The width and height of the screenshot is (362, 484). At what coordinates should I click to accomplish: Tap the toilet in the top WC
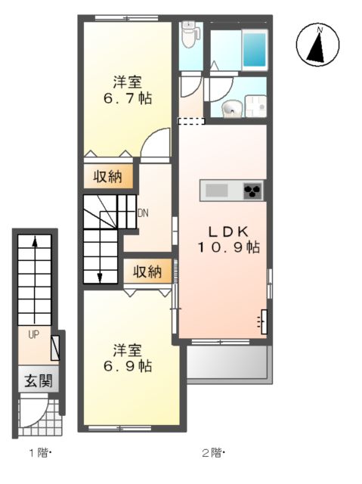(x=189, y=33)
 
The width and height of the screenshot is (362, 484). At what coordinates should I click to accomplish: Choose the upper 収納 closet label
(x=108, y=177)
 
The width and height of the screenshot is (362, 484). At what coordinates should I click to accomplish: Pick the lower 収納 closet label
(x=147, y=271)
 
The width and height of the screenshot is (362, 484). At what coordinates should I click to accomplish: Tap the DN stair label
(x=142, y=213)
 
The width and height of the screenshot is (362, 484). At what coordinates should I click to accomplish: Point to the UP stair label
(x=33, y=334)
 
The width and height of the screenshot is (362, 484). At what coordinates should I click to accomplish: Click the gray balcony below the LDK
(x=227, y=365)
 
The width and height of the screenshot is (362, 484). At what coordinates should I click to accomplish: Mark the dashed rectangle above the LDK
(x=190, y=121)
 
